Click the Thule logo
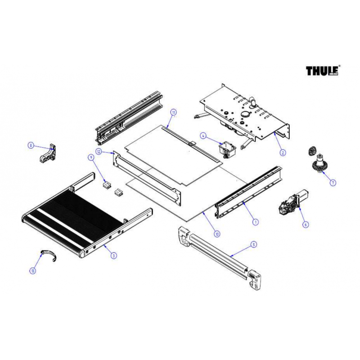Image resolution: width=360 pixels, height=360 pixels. [323, 71]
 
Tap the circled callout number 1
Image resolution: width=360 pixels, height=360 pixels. [255, 221]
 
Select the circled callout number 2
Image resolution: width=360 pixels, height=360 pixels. [283, 153]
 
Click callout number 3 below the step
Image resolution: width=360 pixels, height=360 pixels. [113, 255]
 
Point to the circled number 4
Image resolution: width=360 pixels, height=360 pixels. [203, 135]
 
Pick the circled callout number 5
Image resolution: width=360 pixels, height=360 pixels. [254, 244]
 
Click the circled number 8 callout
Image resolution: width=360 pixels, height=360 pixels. [31, 145]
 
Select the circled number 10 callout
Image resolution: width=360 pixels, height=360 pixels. [217, 234]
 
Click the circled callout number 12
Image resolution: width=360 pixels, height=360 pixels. [99, 152]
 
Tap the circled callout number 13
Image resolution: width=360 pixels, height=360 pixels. [32, 270]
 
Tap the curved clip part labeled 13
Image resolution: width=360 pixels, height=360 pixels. [48, 255]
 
